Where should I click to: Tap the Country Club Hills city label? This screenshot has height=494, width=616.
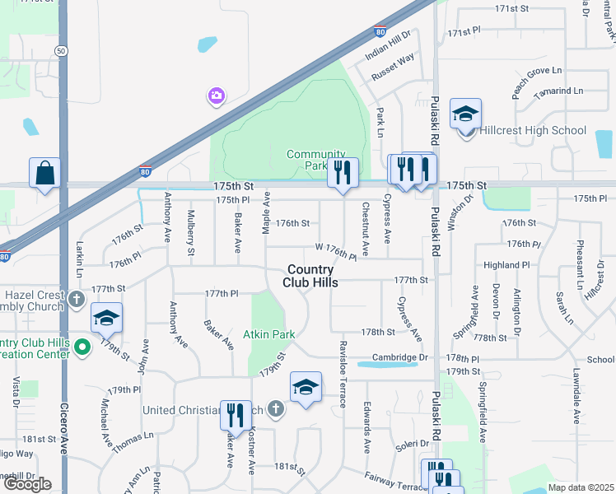310,276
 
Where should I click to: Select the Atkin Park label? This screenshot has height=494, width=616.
268,335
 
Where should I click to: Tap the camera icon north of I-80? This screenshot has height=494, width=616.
216,96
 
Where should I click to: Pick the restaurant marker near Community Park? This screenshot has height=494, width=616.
343,172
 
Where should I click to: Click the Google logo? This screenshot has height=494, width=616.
27,483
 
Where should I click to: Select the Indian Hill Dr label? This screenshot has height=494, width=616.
389,48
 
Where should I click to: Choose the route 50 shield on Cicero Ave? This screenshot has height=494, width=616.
62,50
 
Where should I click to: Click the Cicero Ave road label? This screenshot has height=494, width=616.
63,428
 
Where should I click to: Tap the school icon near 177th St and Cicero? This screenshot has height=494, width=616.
106,317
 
